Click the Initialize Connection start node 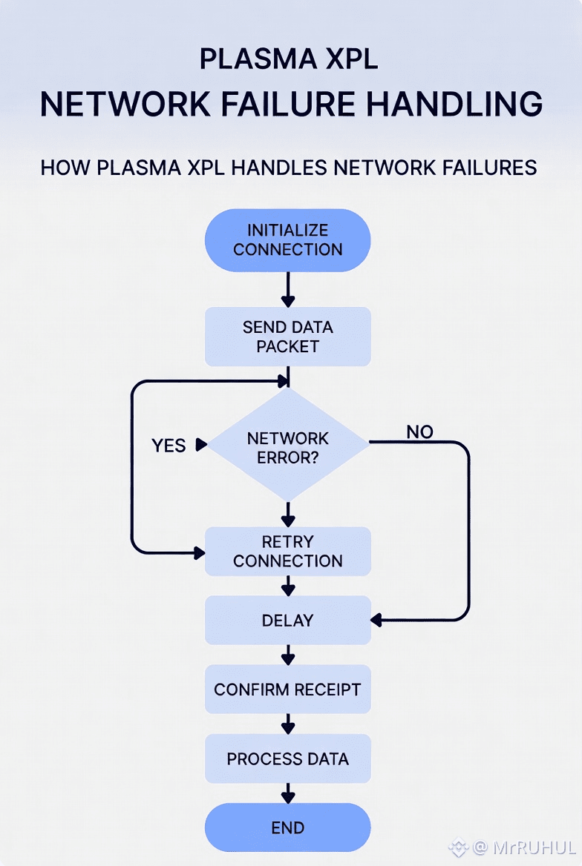[287, 240]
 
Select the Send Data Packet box [287, 337]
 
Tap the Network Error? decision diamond [287, 447]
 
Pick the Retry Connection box [287, 551]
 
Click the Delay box [287, 620]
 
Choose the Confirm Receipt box [287, 690]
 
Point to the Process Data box [287, 758]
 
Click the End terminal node [287, 828]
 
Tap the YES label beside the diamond [169, 446]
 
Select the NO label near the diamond [420, 432]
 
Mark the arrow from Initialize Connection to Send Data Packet [287, 290]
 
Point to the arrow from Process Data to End [287, 793]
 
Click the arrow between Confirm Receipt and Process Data [287, 724]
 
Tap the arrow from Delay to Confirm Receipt [287, 655]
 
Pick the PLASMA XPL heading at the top [289, 59]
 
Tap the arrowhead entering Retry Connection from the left [199, 552]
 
